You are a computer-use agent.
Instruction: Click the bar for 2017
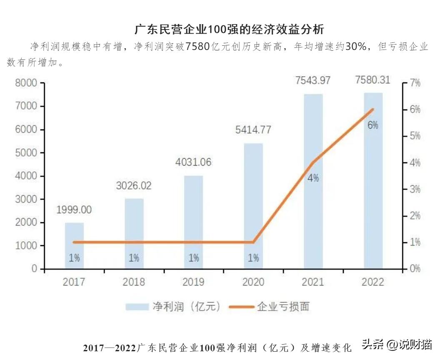coord(74,246)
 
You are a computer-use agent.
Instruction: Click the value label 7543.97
coord(313,80)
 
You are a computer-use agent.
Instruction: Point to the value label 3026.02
coord(134,186)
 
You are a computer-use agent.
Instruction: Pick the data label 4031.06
coord(194,162)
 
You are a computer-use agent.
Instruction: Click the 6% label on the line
coord(373,125)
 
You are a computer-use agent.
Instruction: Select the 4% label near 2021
coord(313,178)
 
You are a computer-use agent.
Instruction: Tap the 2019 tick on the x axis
coord(194,282)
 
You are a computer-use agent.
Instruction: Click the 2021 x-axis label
coord(313,282)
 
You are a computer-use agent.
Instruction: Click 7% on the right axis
coord(414,83)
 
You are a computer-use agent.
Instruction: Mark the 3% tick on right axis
coord(414,189)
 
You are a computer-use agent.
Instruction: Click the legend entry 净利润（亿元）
coord(173,307)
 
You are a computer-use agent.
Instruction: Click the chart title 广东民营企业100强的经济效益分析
coord(229,30)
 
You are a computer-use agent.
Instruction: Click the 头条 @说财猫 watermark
coord(396,345)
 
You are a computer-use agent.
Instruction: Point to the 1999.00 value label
coord(74,210)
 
